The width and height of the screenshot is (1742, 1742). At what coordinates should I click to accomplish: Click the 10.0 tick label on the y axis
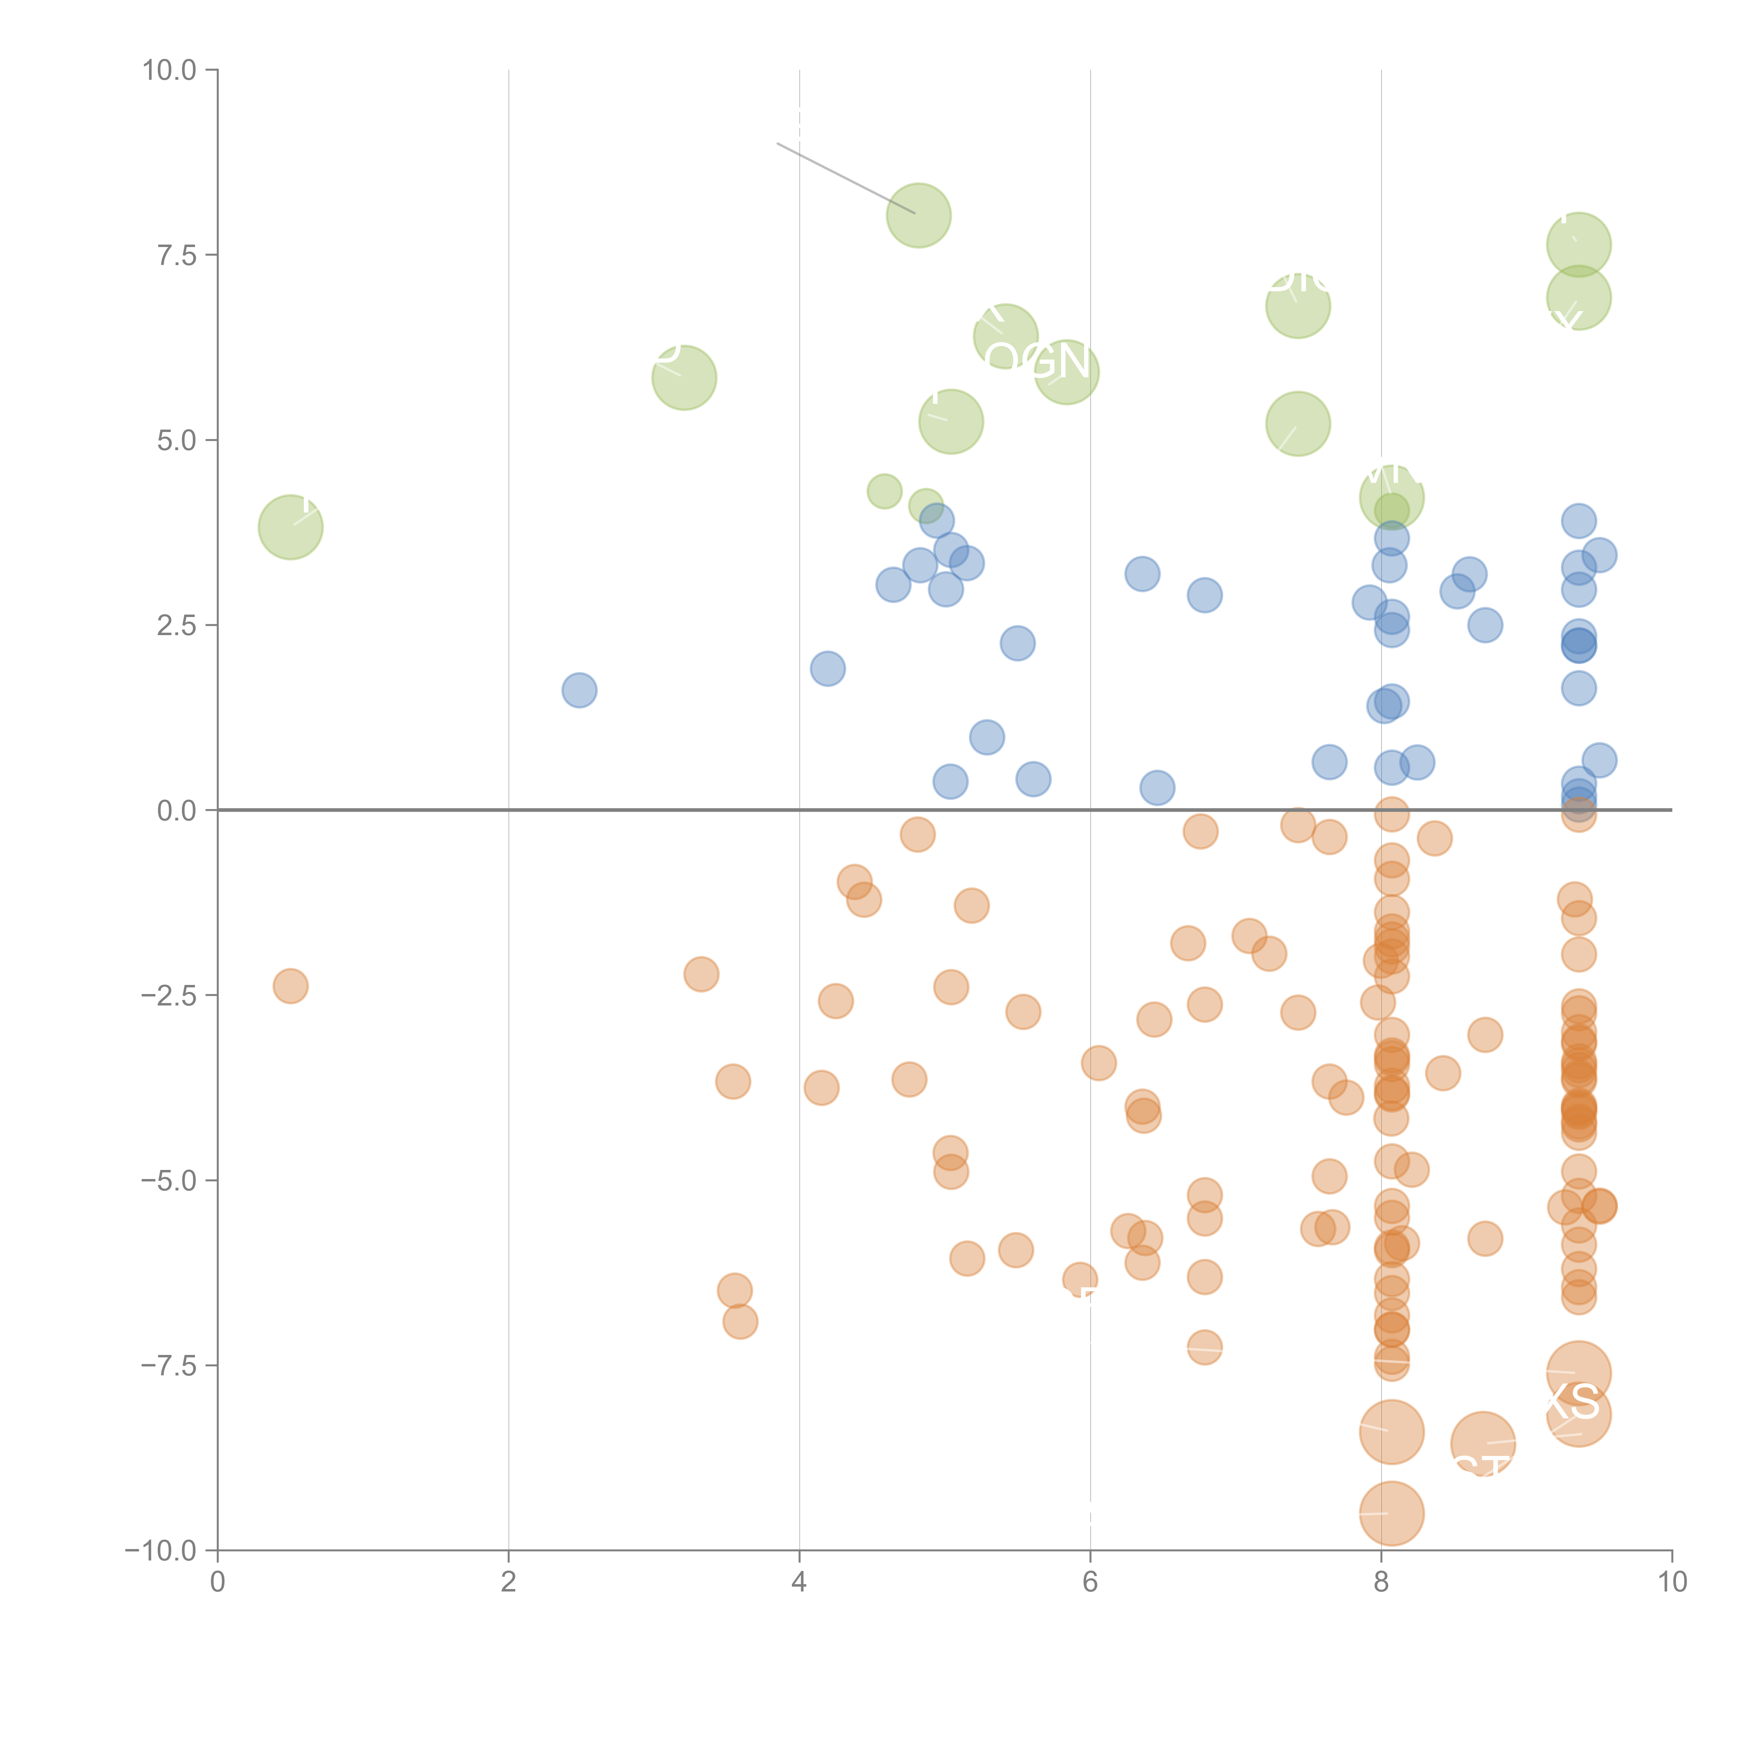pyautogui.click(x=170, y=70)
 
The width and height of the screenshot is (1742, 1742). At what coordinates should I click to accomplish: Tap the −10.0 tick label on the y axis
pyautogui.click(x=161, y=1551)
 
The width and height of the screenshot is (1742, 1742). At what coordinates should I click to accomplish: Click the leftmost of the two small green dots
pyautogui.click(x=884, y=491)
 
